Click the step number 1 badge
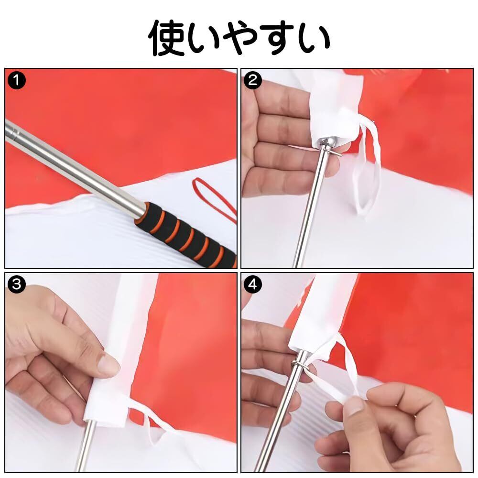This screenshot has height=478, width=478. [16, 80]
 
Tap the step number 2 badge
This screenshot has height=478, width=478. [253, 80]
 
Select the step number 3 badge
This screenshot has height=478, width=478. [16, 284]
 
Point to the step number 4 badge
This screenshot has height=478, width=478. [253, 284]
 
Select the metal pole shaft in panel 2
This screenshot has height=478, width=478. [309, 210]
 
